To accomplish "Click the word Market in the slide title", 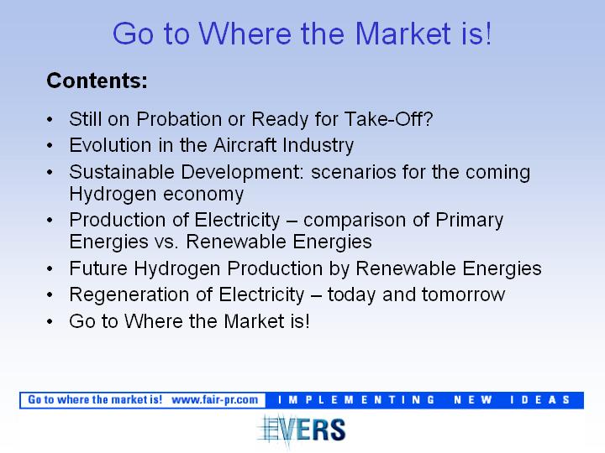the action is [402, 34].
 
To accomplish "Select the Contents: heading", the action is [97, 81].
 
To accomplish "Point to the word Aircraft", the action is [245, 145].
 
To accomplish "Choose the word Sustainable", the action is [122, 172].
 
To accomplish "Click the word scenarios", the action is [354, 172].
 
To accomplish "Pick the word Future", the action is [98, 268].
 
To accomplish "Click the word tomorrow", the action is [463, 295].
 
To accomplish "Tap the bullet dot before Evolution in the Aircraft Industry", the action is [50, 146].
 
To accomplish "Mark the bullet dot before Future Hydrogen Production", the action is [50, 269].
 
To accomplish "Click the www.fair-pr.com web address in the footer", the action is [215, 400].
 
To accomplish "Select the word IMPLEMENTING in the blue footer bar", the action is [356, 400].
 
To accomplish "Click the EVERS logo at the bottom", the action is [302, 430].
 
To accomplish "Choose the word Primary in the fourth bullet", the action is [470, 221].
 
